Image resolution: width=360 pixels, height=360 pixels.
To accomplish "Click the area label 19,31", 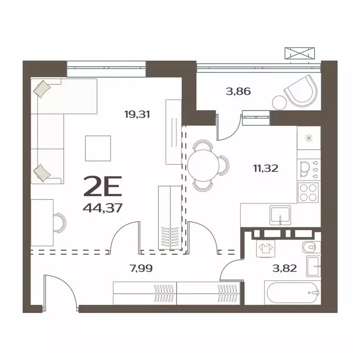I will tap(137, 113).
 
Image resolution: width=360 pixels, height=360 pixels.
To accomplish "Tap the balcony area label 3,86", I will tap(238, 91).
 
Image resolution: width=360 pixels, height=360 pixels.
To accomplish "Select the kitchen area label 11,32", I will tap(266, 168).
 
